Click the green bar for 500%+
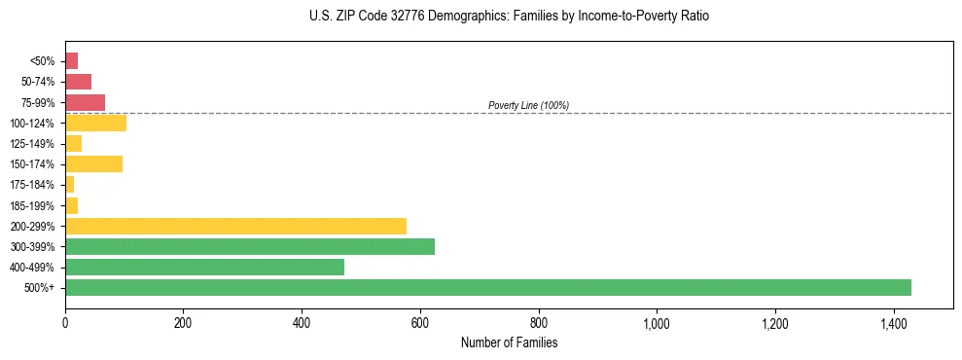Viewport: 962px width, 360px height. point(487,287)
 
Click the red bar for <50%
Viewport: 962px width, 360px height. point(71,61)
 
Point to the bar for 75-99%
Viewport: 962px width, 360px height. point(85,102)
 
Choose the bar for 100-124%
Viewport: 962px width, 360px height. point(95,123)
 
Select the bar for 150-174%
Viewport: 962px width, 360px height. point(93,163)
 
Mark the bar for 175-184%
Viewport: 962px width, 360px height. point(69,185)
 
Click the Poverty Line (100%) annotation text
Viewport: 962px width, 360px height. point(528,105)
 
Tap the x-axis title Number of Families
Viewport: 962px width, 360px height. point(509,343)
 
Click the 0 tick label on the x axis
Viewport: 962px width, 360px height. point(65,323)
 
